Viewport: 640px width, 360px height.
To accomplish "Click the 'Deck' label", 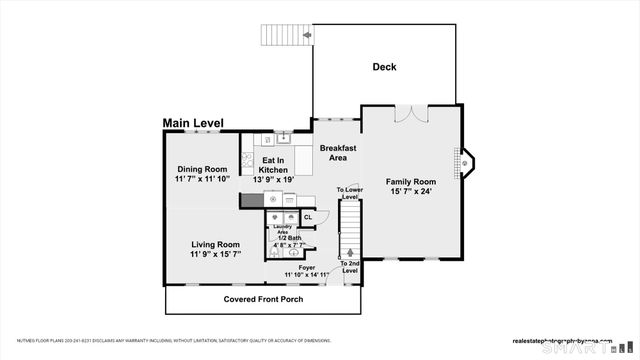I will click(x=385, y=68).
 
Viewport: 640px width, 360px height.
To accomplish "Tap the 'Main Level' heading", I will click(x=193, y=124).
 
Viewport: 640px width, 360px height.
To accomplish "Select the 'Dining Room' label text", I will click(x=202, y=169).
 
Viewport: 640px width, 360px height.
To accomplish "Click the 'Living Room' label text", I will click(x=215, y=244).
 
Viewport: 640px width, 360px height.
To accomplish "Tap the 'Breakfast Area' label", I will click(x=338, y=152).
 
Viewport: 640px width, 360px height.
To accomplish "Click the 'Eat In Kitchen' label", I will click(x=274, y=165).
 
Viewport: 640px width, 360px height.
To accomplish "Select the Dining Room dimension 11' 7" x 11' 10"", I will click(x=202, y=179).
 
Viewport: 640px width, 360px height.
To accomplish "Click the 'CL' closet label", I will click(x=308, y=217).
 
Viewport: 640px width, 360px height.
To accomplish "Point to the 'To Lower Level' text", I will click(x=349, y=193).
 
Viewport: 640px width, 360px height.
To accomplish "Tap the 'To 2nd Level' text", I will click(x=349, y=267).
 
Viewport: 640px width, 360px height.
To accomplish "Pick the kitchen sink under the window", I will click(x=283, y=139).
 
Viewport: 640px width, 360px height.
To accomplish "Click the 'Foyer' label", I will click(x=306, y=266).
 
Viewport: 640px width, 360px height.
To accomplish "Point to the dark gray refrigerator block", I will click(x=251, y=200).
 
